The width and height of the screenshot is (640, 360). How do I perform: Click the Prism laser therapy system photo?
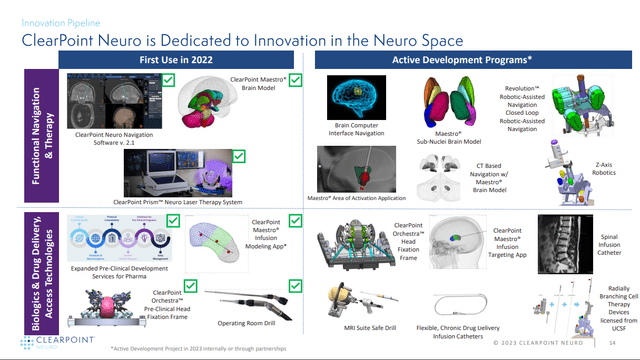(x=182, y=169)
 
